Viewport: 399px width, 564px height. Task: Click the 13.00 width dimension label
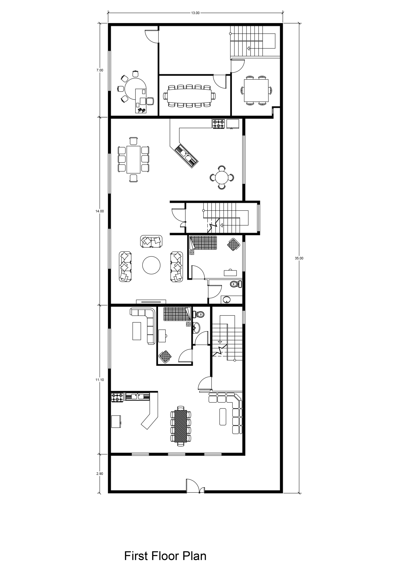point(195,13)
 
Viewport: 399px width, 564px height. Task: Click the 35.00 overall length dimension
point(299,258)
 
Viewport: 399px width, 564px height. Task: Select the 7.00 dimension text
point(100,70)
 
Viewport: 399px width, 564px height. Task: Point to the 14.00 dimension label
point(100,211)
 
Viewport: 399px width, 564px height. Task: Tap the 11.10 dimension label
point(100,380)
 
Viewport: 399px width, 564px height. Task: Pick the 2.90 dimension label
point(100,474)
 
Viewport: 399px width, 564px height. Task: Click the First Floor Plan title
point(165,547)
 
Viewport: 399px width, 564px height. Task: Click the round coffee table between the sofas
point(151,265)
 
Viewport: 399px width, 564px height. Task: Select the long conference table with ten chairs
point(189,96)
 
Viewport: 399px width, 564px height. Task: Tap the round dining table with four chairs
point(222,178)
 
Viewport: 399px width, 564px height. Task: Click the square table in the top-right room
point(256,90)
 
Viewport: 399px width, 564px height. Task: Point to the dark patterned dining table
point(180,426)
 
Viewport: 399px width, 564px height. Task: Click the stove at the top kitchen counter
point(219,124)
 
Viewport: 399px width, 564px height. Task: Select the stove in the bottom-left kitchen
point(117,397)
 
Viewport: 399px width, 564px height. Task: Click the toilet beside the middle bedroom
point(236,284)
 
